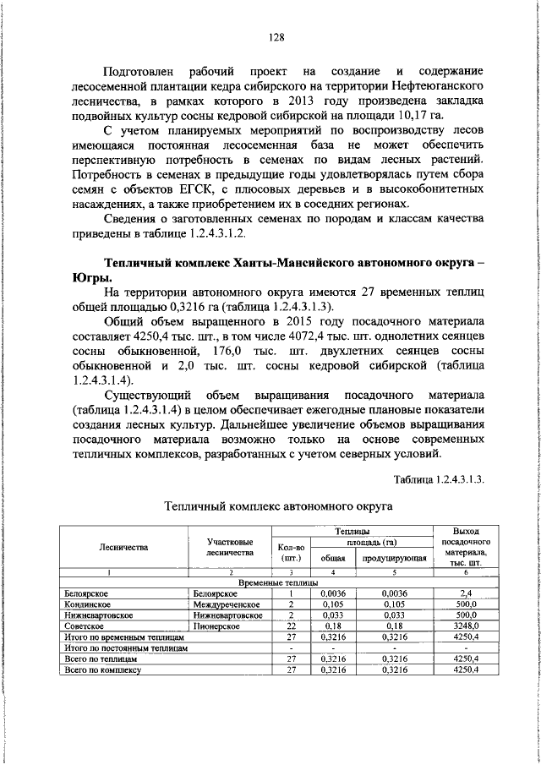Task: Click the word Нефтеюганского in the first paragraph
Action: coord(433,87)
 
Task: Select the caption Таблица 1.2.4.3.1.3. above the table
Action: coord(439,479)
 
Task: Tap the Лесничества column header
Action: coord(123,548)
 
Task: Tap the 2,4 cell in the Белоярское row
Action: coord(467,594)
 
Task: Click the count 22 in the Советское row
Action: coord(289,626)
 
